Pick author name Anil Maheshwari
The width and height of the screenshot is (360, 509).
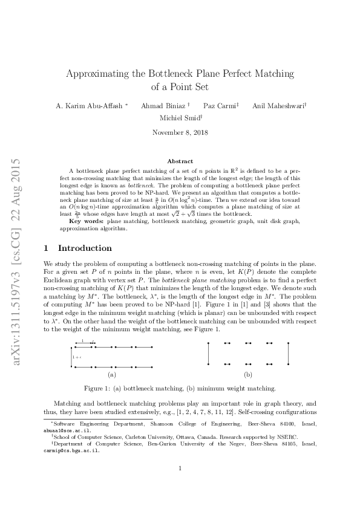pyautogui.click(x=278, y=106)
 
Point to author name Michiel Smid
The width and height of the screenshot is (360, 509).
pyautogui.click(x=179, y=118)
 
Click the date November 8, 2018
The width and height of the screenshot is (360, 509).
pyautogui.click(x=180, y=132)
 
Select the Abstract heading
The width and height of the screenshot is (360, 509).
pyautogui.click(x=180, y=162)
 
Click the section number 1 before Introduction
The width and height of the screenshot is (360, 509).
pyautogui.click(x=47, y=248)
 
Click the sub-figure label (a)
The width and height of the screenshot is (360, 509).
pyautogui.click(x=111, y=375)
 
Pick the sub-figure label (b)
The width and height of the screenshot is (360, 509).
pyautogui.click(x=248, y=375)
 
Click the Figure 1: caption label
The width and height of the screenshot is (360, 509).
pyautogui.click(x=96, y=388)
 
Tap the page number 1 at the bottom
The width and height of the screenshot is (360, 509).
pyautogui.click(x=180, y=468)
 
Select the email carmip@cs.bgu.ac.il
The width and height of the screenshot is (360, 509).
pyautogui.click(x=68, y=450)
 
